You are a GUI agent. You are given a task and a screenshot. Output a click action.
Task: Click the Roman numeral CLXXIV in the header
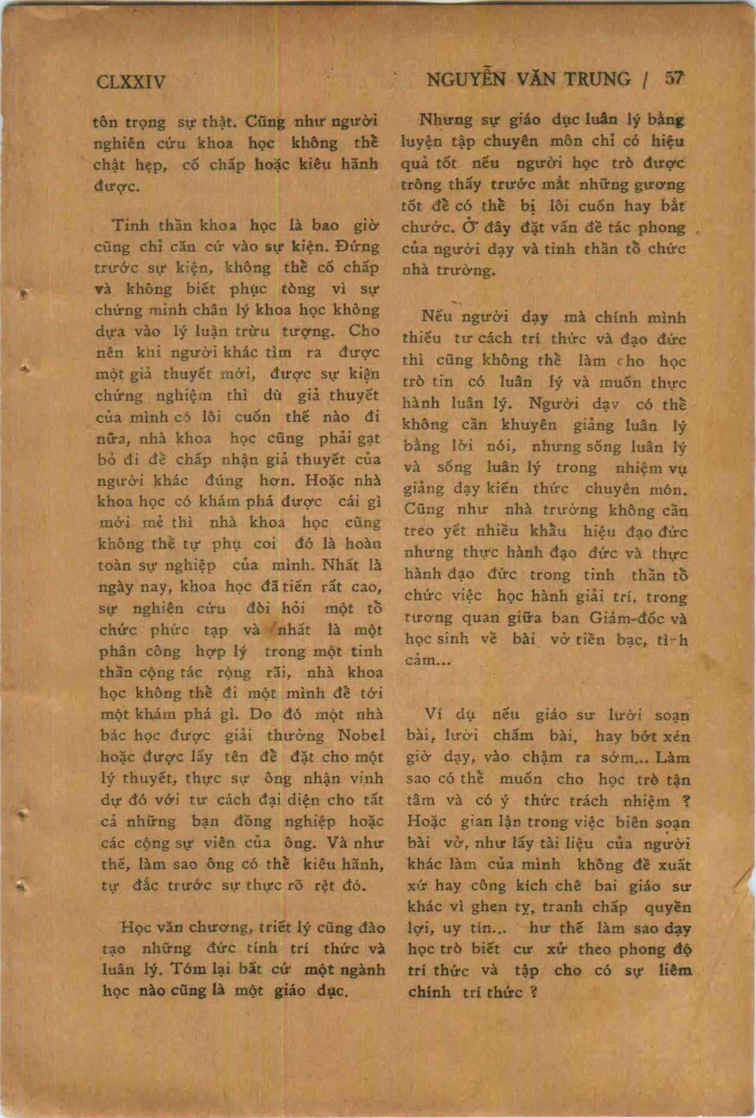(131, 81)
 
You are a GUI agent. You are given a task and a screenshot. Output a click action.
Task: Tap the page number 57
(674, 79)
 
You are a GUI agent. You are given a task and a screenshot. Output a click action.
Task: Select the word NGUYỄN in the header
(466, 80)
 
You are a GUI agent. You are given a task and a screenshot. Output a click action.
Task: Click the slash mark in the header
(647, 81)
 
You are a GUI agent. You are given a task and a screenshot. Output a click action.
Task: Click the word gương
(663, 185)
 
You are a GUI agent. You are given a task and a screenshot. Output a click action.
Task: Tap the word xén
(677, 736)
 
